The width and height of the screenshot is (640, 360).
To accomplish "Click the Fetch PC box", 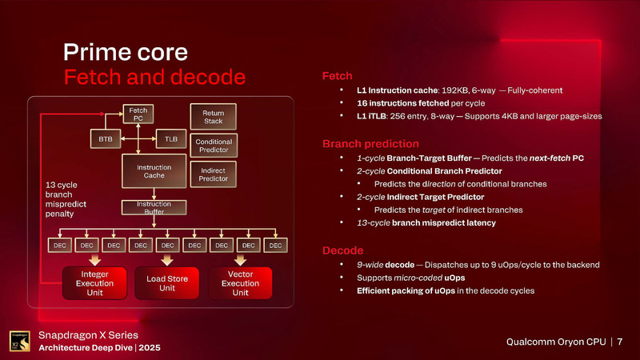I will click(138, 114).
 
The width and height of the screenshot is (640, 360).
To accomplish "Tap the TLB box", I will click(170, 138).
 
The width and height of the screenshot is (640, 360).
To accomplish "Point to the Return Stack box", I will click(213, 118).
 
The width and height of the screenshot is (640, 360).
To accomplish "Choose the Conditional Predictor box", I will click(213, 146).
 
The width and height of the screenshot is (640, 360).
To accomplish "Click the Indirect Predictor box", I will click(213, 174).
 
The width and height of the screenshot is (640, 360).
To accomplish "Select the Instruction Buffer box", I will click(145, 208).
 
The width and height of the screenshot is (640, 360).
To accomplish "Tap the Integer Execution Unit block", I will click(94, 283).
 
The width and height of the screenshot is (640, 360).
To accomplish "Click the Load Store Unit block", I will click(167, 283).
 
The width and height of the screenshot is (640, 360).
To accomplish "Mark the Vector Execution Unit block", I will click(241, 283).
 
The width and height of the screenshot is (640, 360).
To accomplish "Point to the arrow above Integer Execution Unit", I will click(94, 260).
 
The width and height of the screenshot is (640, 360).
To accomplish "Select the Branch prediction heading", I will click(370, 144).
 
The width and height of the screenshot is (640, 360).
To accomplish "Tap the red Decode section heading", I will click(342, 250).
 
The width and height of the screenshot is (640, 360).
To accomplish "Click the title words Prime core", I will click(126, 53).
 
